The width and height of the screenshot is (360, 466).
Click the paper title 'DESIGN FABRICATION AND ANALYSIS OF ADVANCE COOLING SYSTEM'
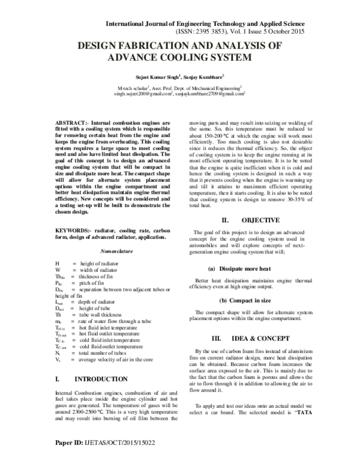[180, 52]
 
